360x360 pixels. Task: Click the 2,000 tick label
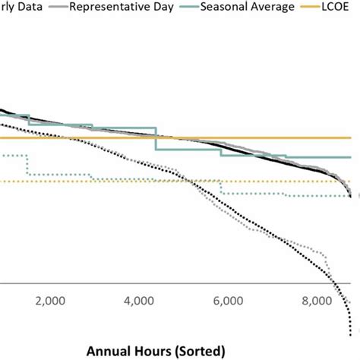pyautogui.click(x=50, y=301)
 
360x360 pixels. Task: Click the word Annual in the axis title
pyautogui.click(x=113, y=352)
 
